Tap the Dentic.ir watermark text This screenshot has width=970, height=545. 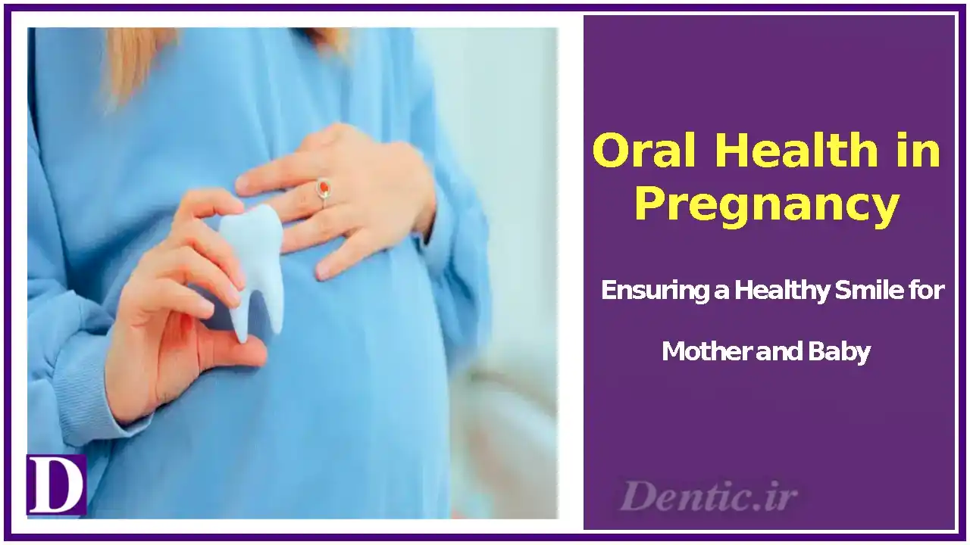[708, 497]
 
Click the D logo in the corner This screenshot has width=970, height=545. [55, 484]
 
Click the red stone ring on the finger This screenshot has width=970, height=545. [324, 187]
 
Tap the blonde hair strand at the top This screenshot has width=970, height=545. [136, 61]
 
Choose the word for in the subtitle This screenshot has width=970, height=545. [926, 291]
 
